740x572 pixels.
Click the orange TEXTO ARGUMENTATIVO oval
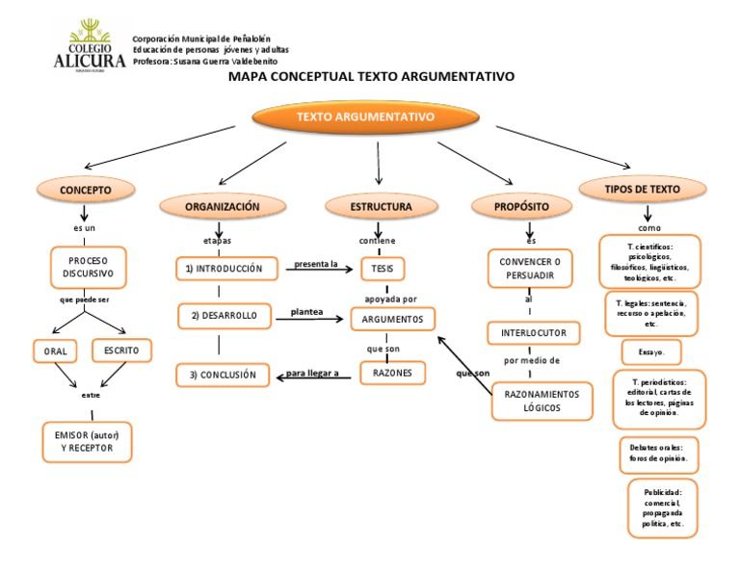coord(365,117)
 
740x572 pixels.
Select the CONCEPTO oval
coord(86,191)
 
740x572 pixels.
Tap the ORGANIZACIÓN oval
coord(223,206)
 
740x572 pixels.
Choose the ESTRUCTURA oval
coord(381,206)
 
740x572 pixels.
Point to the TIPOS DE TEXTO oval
coord(642,190)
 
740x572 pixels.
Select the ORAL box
coord(56,351)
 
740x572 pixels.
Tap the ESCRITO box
coord(122,351)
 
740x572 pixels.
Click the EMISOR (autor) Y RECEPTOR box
coord(87,442)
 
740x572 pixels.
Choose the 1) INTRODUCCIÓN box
coord(228,269)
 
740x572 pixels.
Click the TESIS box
coord(382,269)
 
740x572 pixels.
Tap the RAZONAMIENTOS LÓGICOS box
coord(542,402)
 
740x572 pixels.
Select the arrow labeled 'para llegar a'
coord(315,377)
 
